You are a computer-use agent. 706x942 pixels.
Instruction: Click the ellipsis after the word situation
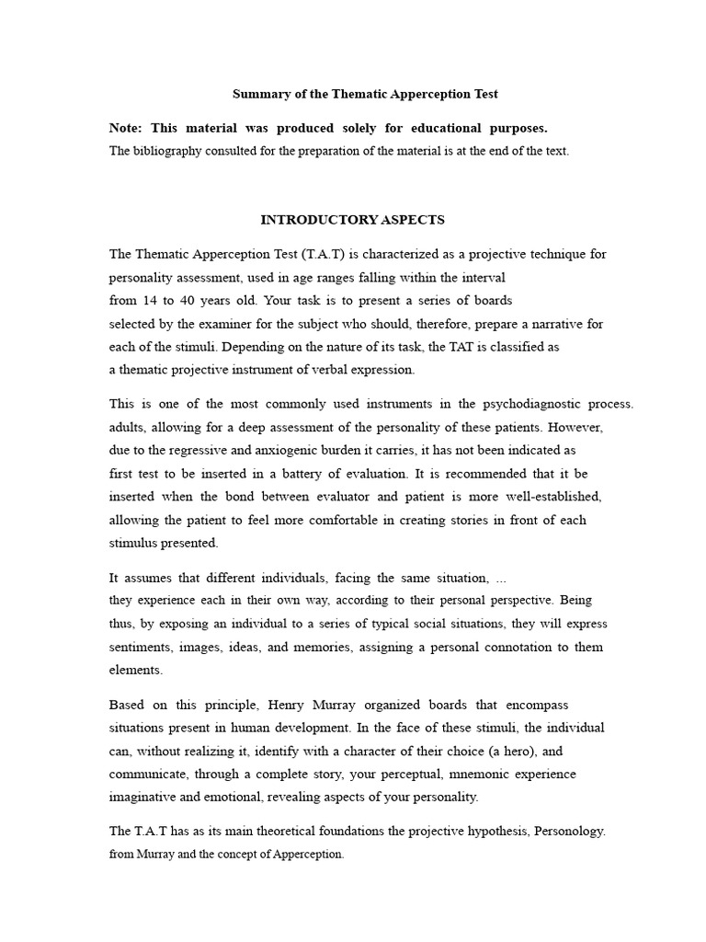[501, 578]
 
